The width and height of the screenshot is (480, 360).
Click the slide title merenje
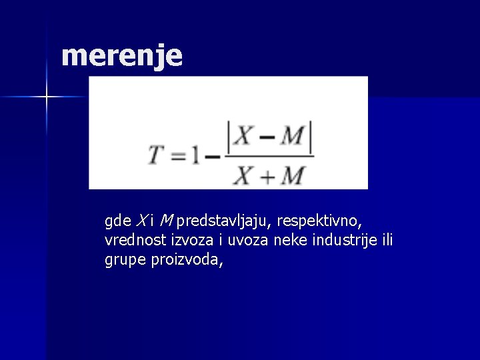click(121, 57)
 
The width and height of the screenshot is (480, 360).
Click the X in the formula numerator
click(243, 137)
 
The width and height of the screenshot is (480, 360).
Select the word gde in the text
click(118, 220)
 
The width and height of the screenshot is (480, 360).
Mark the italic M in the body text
click(167, 220)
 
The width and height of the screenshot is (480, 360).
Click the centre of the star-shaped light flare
click(47, 97)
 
